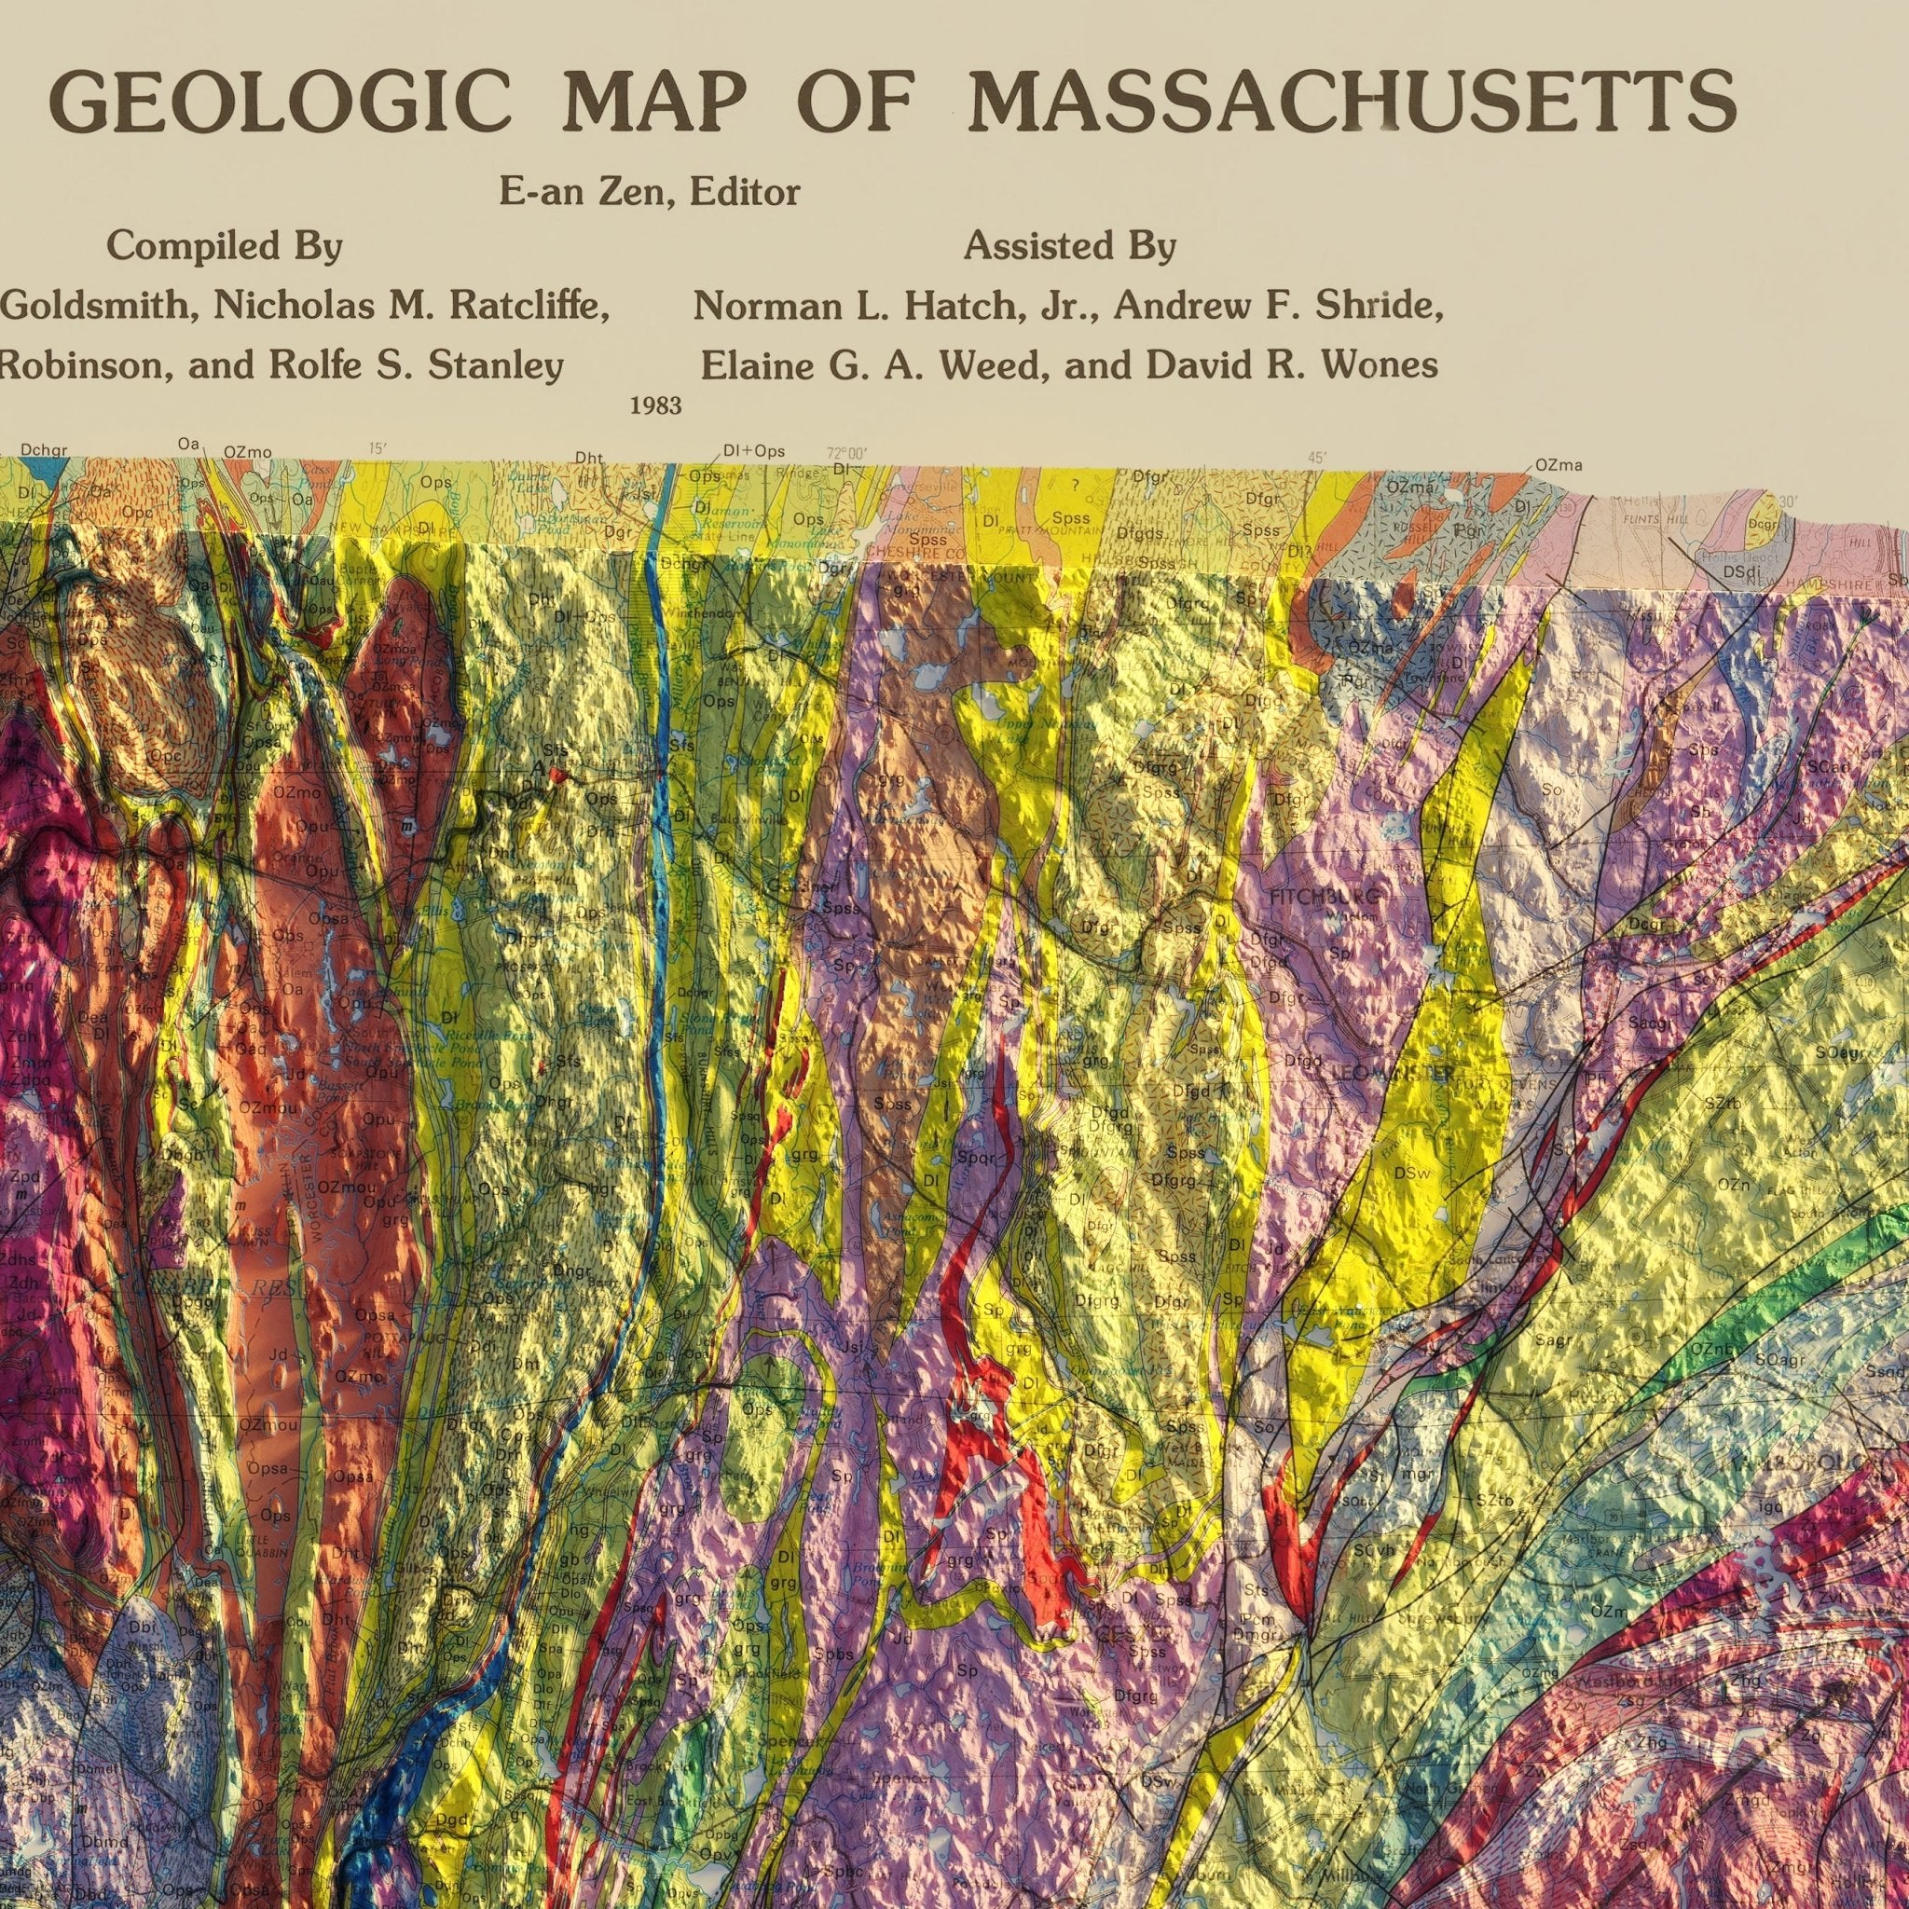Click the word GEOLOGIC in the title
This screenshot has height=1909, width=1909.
pyautogui.click(x=279, y=103)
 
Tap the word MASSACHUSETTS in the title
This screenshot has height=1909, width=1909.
pyautogui.click(x=1352, y=103)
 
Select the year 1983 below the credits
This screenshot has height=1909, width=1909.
pyautogui.click(x=656, y=405)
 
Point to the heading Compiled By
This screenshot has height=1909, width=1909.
pyautogui.click(x=225, y=246)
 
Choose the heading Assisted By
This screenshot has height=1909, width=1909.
pyautogui.click(x=1069, y=246)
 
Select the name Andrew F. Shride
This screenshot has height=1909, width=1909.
pyautogui.click(x=1280, y=307)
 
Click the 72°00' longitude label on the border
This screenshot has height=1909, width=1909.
pyautogui.click(x=846, y=454)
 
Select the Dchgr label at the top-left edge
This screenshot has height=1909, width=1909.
pyautogui.click(x=43, y=450)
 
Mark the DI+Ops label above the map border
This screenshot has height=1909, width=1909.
pyautogui.click(x=754, y=450)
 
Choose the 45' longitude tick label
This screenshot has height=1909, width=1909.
pyautogui.click(x=1315, y=458)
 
